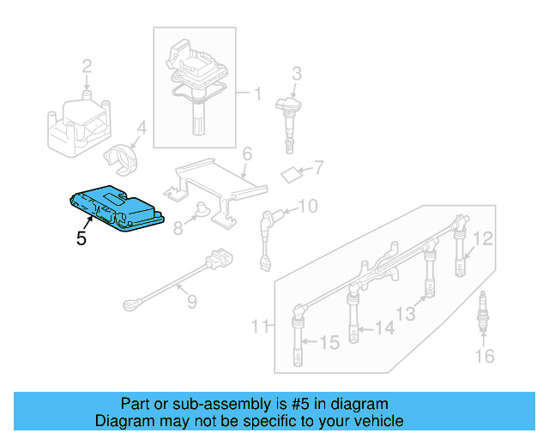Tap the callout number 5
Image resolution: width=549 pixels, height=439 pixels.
click(x=81, y=239)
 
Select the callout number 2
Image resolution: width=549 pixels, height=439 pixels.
click(x=87, y=66)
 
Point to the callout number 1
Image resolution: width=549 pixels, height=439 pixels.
click(x=255, y=92)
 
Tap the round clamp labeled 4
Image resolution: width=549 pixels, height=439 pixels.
click(x=122, y=154)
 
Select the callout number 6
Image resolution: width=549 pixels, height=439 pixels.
click(x=246, y=155)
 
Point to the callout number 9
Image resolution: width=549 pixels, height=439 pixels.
click(x=191, y=301)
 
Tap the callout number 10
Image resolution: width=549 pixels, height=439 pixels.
click(x=307, y=206)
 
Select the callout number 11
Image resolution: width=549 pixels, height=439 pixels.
click(x=261, y=326)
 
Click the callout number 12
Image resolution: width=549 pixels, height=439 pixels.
click(x=483, y=238)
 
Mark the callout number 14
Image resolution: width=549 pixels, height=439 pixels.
click(x=383, y=328)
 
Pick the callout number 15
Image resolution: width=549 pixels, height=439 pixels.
click(x=330, y=344)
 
